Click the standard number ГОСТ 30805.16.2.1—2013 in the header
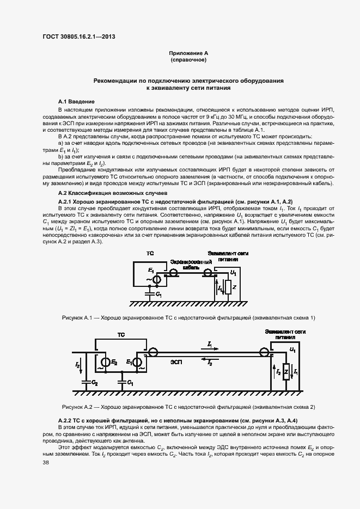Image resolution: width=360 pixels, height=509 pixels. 79,37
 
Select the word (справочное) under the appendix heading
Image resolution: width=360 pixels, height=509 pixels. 188,60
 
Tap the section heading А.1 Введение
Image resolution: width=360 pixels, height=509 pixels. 77,102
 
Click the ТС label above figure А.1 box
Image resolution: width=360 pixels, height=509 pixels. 150,254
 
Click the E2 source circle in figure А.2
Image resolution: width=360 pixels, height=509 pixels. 104,362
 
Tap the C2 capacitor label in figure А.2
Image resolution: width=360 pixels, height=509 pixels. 95,383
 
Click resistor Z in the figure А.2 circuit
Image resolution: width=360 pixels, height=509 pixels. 286,371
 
